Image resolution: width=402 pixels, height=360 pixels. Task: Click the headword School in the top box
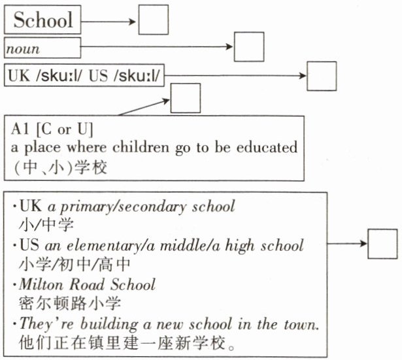coord(43,20)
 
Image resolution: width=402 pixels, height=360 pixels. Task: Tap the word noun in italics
coord(23,48)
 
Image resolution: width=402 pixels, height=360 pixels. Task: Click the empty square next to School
coord(154,20)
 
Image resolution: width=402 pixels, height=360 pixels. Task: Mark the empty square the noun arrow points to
coord(249,46)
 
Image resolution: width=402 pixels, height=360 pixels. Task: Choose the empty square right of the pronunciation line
coord(322,76)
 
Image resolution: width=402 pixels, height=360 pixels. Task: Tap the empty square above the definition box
coord(186,98)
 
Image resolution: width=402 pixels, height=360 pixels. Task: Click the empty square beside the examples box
coord(383,244)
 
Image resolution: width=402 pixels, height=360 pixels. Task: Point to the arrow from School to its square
coord(109,22)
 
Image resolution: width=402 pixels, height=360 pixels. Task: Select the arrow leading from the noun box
coord(157,46)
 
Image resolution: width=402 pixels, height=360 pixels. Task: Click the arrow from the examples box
coord(347,244)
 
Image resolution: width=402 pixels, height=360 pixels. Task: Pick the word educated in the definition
coord(268,146)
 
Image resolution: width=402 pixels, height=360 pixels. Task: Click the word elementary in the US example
coord(98,246)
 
